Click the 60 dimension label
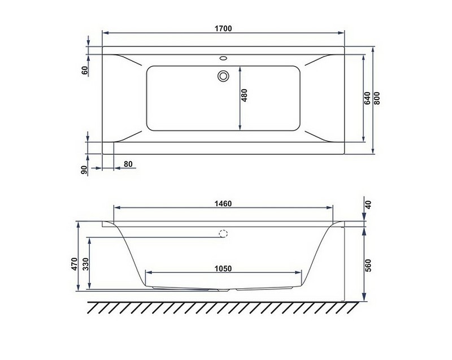coord(84,71)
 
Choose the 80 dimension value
coord(128,164)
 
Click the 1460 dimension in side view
coord(223,203)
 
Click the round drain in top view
coord(223,75)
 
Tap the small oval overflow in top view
coord(223,58)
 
